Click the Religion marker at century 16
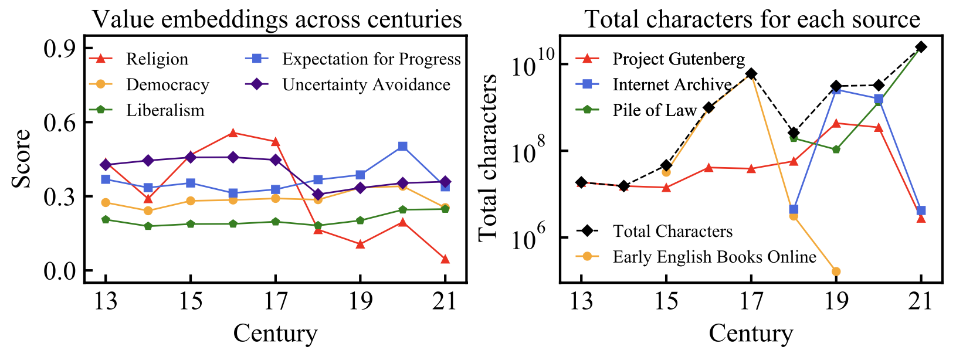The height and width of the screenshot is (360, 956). click(x=233, y=133)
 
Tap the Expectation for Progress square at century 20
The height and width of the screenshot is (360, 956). click(x=402, y=146)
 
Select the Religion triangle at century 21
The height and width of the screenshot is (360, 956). click(x=445, y=259)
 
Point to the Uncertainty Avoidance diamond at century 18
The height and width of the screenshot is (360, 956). click(x=318, y=195)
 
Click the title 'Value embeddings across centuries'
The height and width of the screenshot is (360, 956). click(x=277, y=19)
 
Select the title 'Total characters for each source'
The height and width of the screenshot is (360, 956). click(x=752, y=19)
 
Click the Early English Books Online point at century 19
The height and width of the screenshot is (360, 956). click(x=836, y=271)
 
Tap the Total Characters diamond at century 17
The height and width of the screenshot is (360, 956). click(x=751, y=74)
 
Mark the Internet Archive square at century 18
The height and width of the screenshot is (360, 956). click(x=794, y=209)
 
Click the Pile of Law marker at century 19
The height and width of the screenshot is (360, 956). click(x=836, y=150)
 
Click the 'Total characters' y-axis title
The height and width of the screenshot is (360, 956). click(x=488, y=157)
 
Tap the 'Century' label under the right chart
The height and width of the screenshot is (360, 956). click(x=751, y=333)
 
